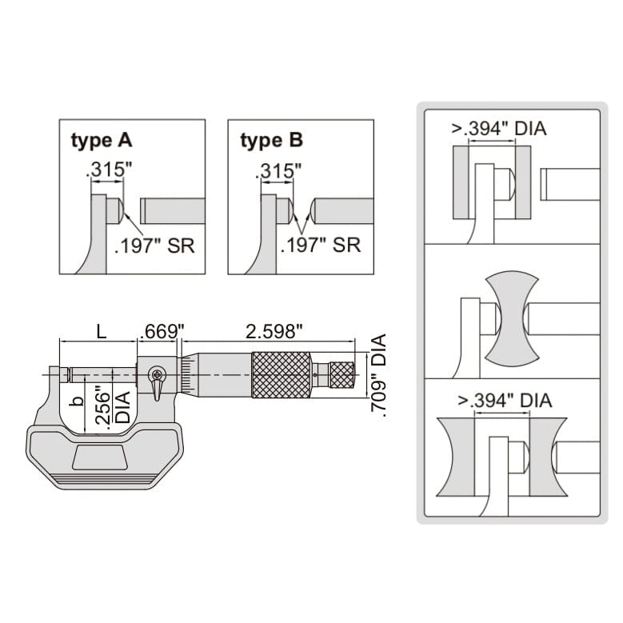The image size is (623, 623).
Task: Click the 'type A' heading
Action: click(x=102, y=142)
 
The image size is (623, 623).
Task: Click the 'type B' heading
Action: click(x=272, y=142)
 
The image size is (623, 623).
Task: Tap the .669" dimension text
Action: click(x=162, y=331)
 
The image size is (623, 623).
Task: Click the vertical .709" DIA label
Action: click(x=380, y=376)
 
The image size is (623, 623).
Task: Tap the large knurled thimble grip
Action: click(x=282, y=375)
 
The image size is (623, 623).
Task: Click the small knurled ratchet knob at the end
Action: click(x=342, y=374)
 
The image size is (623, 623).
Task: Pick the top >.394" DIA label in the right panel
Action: click(x=500, y=128)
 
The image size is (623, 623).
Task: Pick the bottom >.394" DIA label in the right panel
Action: click(x=505, y=400)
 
